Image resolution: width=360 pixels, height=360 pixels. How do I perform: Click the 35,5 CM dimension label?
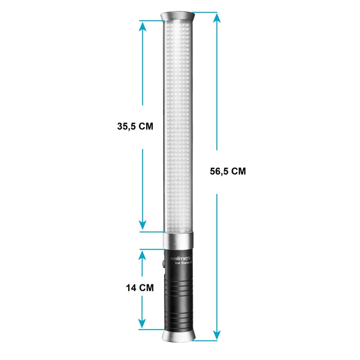tap(135, 127)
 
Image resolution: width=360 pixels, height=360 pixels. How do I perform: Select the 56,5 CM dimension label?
tap(228, 172)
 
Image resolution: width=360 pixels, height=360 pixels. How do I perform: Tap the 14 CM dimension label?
tap(139, 288)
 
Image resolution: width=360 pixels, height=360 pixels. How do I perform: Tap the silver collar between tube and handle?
tap(179, 240)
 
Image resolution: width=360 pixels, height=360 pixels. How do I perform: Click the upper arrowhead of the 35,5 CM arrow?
tap(142, 26)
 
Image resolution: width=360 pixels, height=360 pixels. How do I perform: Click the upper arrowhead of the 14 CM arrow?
tap(142, 255)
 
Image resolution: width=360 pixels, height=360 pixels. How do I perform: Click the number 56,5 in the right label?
tap(219, 172)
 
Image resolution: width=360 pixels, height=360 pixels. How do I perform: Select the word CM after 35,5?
tap(146, 127)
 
